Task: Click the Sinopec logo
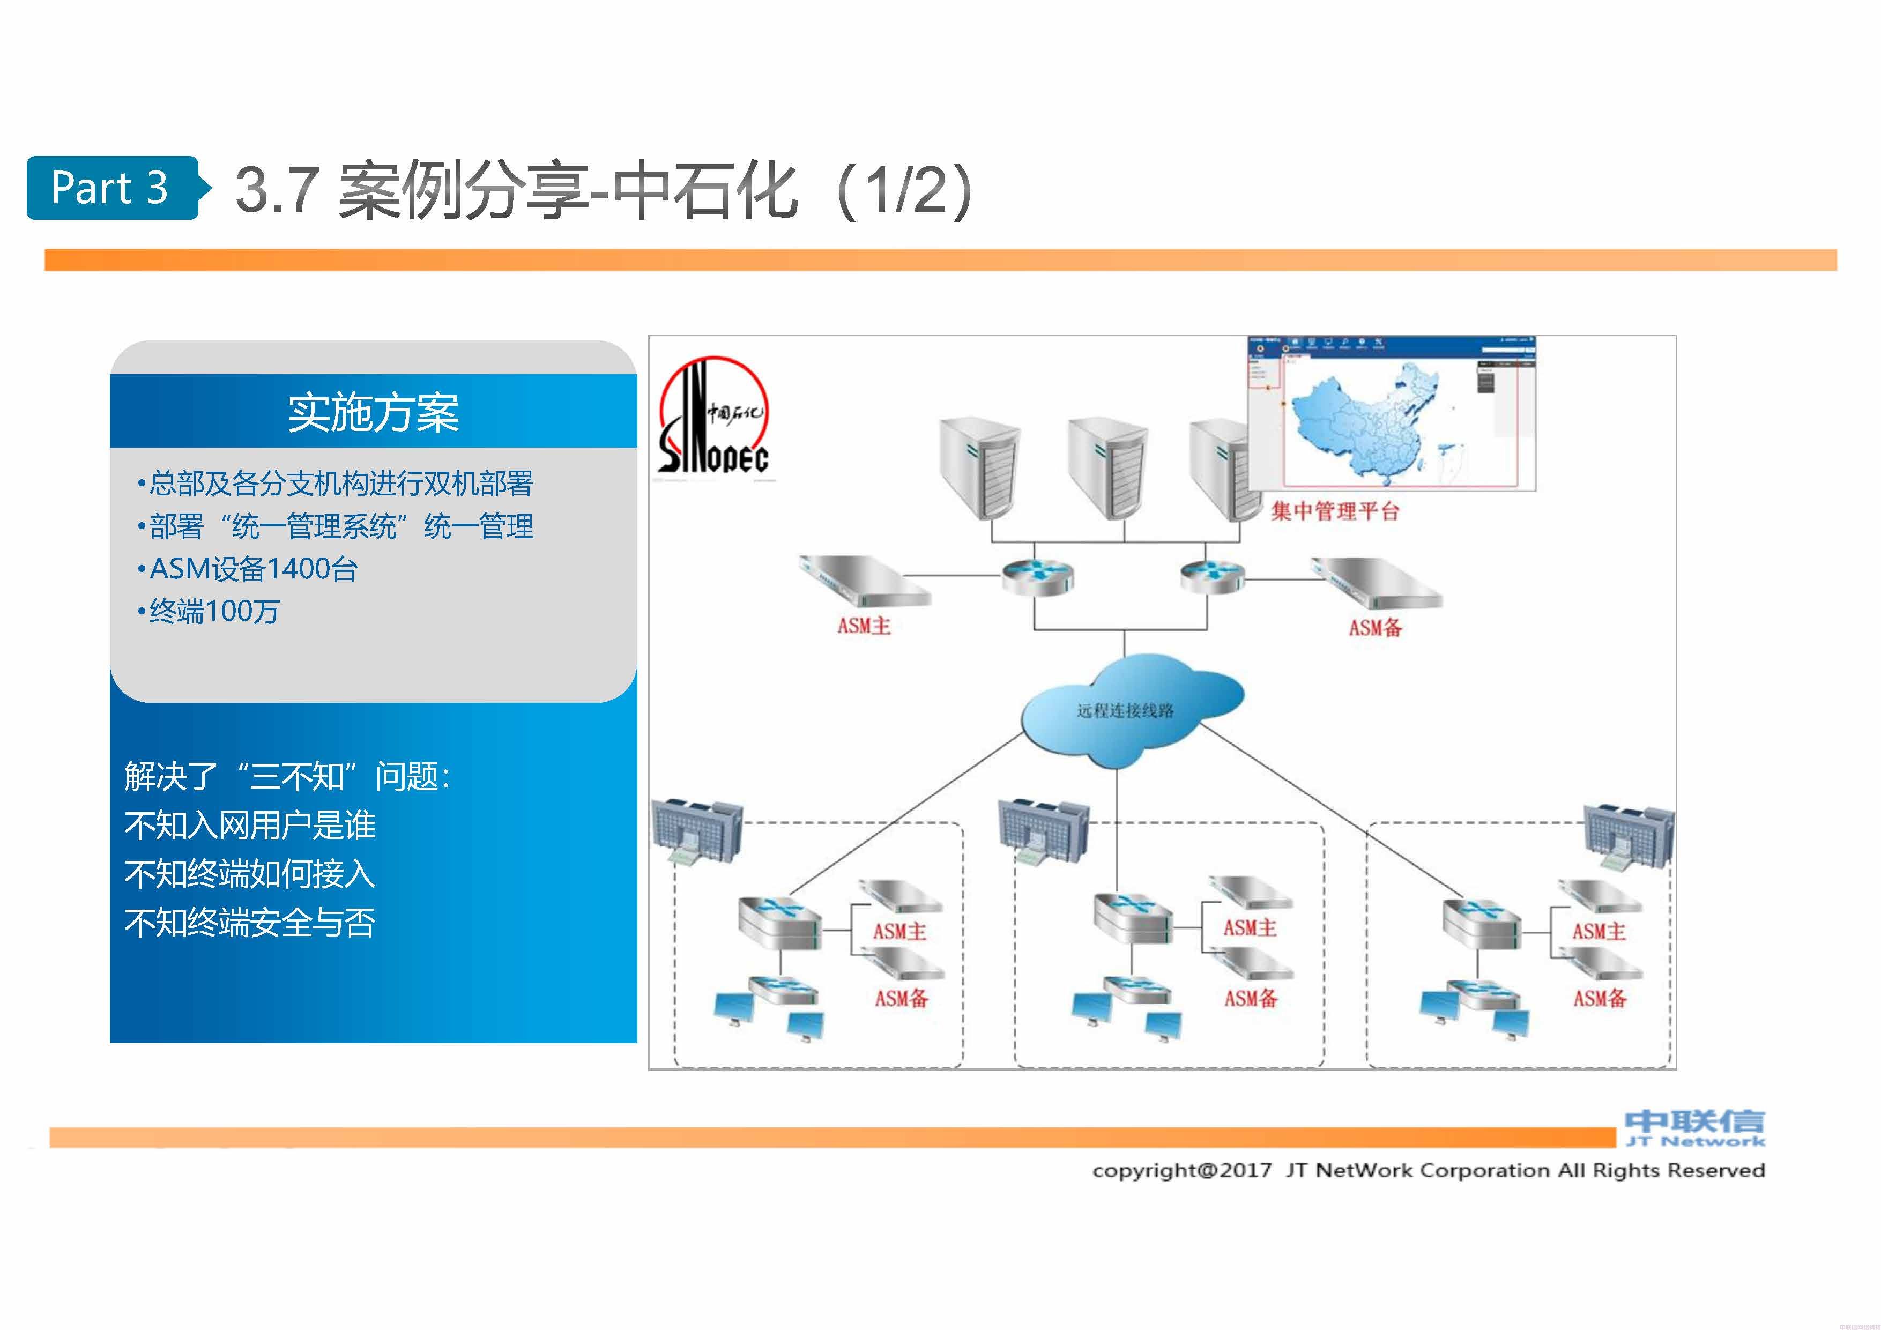(713, 418)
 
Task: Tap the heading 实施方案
(373, 412)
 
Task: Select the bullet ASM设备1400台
(253, 569)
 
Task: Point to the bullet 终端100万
(214, 611)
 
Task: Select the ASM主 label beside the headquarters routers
(864, 626)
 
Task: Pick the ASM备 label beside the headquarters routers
(1375, 628)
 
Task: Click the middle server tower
(1107, 467)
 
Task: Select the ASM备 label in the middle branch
(1251, 998)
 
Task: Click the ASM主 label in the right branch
(1599, 931)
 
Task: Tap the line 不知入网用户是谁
(250, 825)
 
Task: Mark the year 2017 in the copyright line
(1245, 1170)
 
